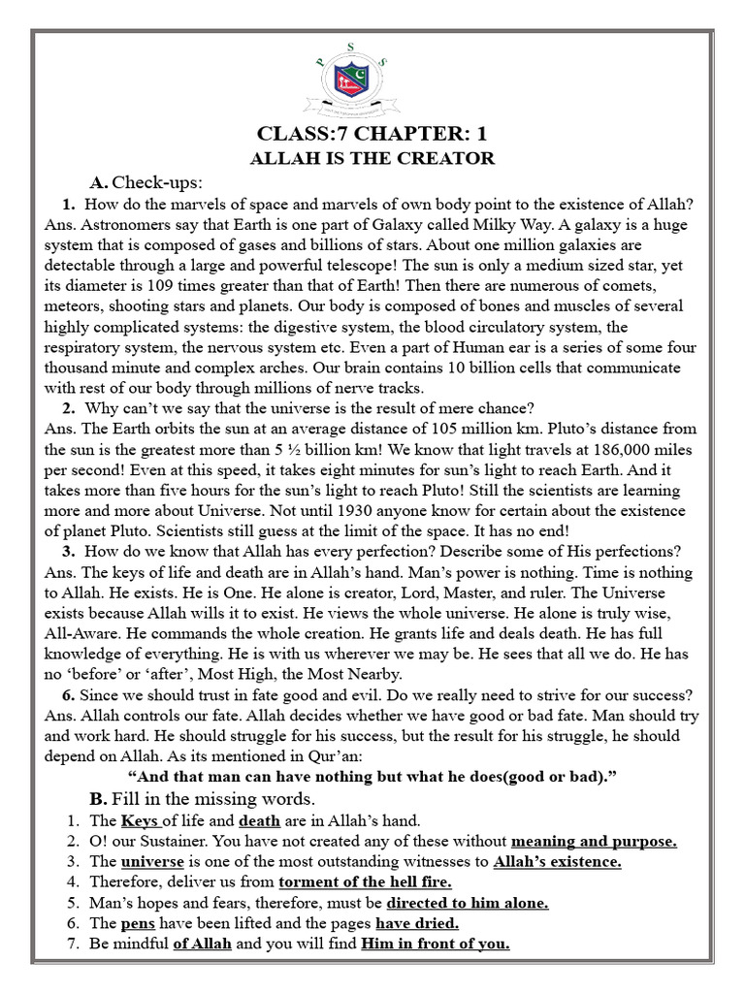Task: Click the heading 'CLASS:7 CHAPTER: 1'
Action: (x=372, y=133)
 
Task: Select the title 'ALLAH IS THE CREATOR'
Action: (x=372, y=158)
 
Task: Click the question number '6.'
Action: (x=70, y=694)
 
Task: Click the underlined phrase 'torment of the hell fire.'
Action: (x=365, y=881)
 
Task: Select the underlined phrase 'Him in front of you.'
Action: (x=436, y=944)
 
